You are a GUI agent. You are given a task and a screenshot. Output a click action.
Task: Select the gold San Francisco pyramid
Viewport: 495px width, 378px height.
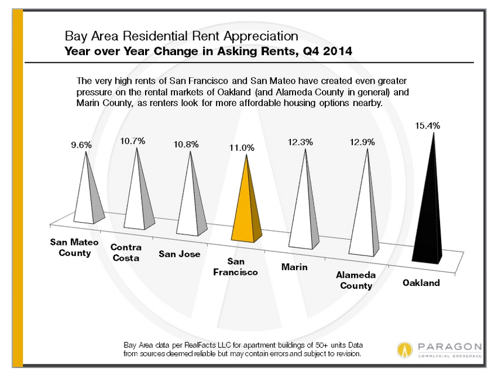pos(248,211)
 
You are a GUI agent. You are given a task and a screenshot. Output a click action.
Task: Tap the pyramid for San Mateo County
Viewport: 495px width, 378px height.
pos(88,199)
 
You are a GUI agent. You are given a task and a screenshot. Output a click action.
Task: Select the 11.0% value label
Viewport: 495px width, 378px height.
pos(242,148)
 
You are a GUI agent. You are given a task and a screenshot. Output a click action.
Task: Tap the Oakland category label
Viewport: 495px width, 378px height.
pos(421,283)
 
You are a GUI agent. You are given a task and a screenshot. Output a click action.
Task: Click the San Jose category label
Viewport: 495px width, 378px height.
pos(180,254)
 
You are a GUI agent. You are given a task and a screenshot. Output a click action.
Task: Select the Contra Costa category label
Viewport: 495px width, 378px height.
pos(125,253)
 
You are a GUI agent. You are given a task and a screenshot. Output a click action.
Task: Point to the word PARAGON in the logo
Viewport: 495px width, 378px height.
pos(449,346)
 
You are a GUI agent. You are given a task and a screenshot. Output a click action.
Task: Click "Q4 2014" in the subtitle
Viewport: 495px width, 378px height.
pos(328,51)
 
